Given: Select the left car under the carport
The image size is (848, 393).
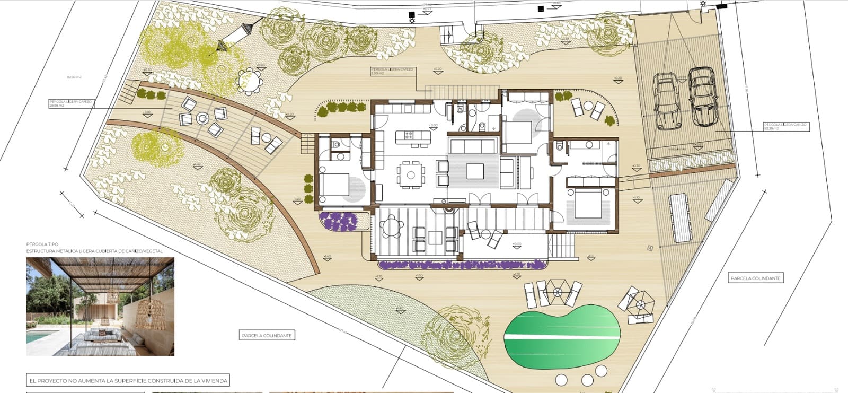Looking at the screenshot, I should pyautogui.click(x=666, y=101).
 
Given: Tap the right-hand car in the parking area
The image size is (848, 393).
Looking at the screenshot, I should pyautogui.click(x=702, y=97).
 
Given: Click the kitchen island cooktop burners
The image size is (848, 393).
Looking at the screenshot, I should pyautogui.click(x=409, y=134).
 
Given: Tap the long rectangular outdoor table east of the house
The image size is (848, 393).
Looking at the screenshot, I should pyautogui.click(x=680, y=216).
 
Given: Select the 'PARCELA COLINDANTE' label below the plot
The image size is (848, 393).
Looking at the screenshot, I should pyautogui.click(x=267, y=335).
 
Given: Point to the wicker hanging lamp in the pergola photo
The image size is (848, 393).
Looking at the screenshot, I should pyautogui.click(x=150, y=313).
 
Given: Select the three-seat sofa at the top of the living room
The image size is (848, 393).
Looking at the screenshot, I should pyautogui.click(x=473, y=145).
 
